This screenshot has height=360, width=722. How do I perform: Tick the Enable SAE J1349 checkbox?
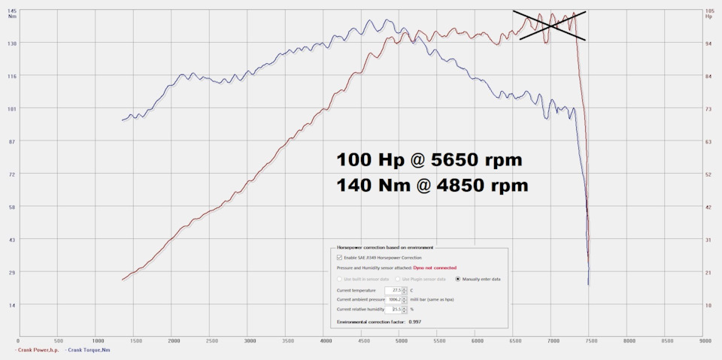339,257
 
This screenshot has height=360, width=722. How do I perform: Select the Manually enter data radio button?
458,279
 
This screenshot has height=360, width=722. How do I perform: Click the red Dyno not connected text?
435,268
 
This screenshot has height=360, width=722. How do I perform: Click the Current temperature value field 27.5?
394,290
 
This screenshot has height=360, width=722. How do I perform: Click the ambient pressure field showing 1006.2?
394,299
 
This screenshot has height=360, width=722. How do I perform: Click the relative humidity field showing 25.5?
394,309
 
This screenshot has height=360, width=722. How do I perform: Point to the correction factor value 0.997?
414,322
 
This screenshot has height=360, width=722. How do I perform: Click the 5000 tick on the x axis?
402,340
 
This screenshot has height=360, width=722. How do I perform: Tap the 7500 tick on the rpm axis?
590,340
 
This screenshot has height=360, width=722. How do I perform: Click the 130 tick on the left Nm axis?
12,44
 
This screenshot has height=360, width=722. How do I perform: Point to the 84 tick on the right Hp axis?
708,77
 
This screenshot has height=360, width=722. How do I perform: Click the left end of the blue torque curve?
122,120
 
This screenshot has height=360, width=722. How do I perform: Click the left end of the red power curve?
122,280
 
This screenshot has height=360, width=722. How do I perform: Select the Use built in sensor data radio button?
339,279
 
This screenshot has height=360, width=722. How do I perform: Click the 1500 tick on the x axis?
136,340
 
